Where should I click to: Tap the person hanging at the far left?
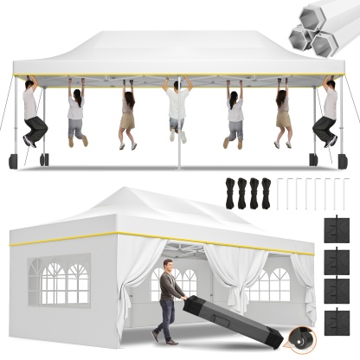point(33,112)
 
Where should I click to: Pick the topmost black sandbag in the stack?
point(333,229)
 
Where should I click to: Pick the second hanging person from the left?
point(76,112)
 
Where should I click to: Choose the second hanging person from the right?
point(283,112)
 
